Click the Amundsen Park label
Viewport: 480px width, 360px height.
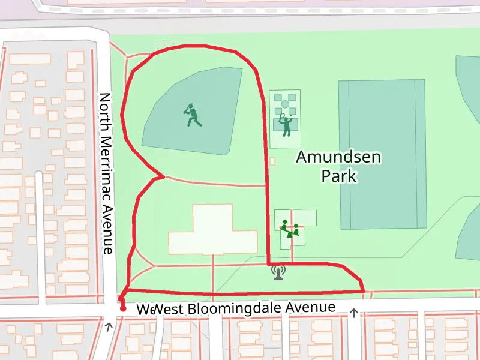pos(339,166)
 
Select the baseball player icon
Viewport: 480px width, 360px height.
pos(192,115)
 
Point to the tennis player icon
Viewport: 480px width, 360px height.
pos(286,124)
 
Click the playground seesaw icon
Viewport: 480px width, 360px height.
pos(290,229)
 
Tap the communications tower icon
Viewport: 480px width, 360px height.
pos(278,272)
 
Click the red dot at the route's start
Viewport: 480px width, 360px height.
pos(123,309)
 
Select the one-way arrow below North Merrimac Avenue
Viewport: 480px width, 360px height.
pos(109,326)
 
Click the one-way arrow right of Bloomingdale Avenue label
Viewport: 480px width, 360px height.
pos(354,313)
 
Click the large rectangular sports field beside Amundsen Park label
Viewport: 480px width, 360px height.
pos(382,154)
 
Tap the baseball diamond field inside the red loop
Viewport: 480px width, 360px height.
pos(195,111)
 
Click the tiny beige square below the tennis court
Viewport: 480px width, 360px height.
pos(272,161)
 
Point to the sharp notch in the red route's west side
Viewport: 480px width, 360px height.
pos(163,177)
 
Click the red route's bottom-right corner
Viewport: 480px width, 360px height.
pos(364,291)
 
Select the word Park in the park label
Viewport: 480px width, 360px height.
pos(339,176)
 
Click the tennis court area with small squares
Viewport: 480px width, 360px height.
pos(285,119)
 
